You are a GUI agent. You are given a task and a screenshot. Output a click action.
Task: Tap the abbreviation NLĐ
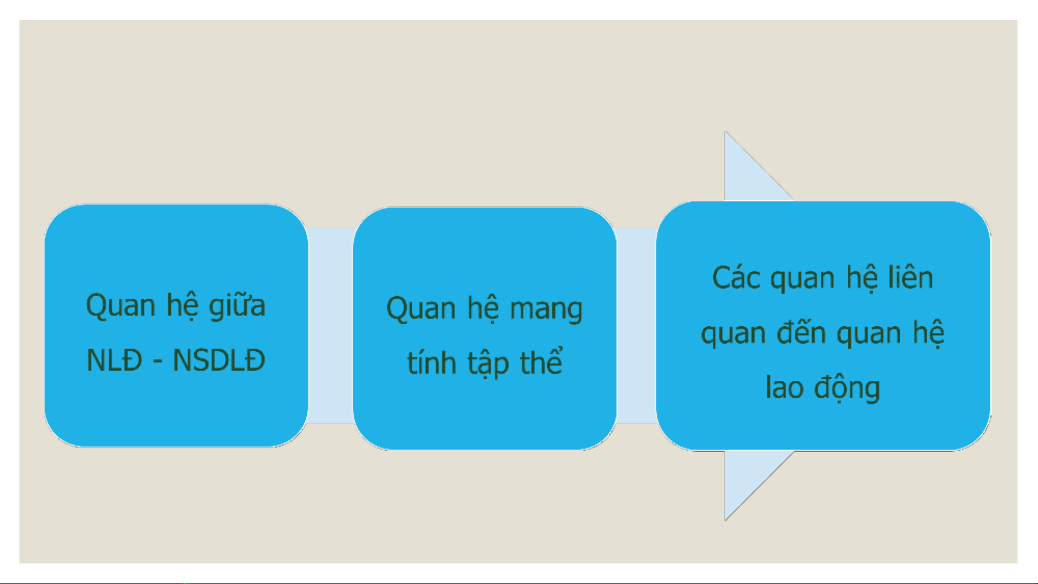(115, 360)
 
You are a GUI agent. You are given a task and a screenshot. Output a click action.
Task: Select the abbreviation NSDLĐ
(219, 360)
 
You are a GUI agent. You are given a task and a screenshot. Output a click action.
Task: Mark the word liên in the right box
(911, 278)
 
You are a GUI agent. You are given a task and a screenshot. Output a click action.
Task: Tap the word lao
(784, 387)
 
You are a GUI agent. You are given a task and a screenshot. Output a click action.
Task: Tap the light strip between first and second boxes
(330, 326)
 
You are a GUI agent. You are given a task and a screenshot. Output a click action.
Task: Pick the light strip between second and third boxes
(637, 326)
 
